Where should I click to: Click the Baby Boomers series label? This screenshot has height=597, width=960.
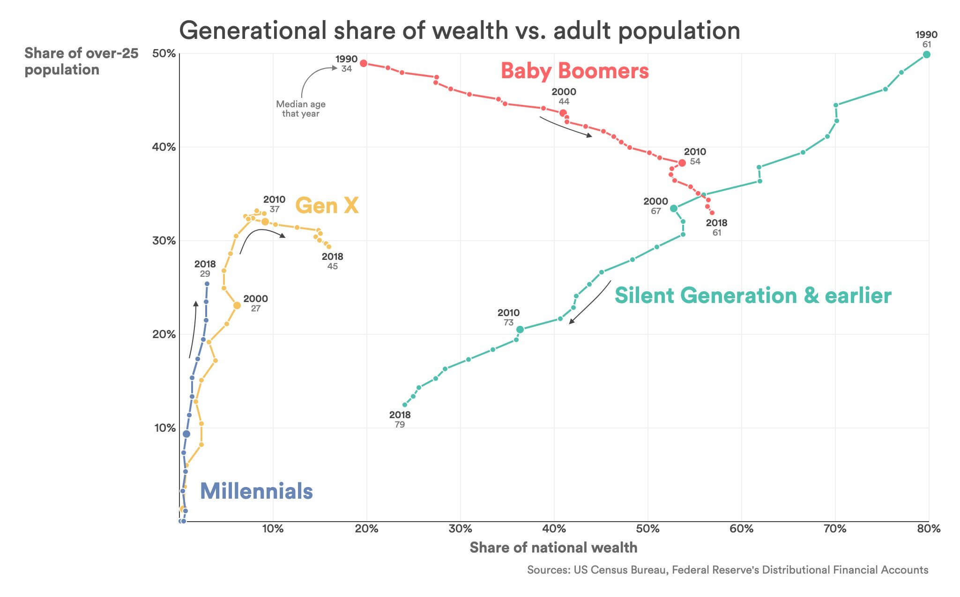tap(574, 71)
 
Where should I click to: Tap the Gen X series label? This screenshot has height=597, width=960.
tap(327, 206)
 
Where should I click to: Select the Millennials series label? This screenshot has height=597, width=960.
tap(256, 491)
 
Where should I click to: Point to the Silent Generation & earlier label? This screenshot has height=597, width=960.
tap(752, 295)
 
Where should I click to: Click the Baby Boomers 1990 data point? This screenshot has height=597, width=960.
tap(363, 63)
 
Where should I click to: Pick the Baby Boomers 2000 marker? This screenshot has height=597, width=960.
tap(563, 113)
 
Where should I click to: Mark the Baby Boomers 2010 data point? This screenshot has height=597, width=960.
tap(682, 163)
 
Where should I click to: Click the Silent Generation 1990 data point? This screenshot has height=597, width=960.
tap(926, 55)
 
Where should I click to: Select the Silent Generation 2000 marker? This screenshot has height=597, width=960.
tap(674, 208)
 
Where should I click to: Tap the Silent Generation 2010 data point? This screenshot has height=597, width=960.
tap(520, 330)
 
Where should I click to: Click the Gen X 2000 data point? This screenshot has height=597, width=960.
tap(237, 306)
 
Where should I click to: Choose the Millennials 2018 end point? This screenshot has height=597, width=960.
tap(207, 284)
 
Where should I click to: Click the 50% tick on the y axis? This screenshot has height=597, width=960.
tap(164, 54)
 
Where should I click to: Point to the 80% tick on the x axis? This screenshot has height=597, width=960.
tap(929, 529)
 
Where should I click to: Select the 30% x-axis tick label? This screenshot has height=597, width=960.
tap(460, 529)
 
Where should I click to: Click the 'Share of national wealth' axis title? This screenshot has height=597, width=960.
tap(553, 547)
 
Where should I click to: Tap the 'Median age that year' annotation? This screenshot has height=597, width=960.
tap(300, 109)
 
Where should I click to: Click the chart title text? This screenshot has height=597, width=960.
tap(459, 30)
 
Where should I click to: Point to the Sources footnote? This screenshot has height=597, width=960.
tap(727, 570)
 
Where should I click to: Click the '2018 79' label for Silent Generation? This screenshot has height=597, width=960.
tap(400, 420)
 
